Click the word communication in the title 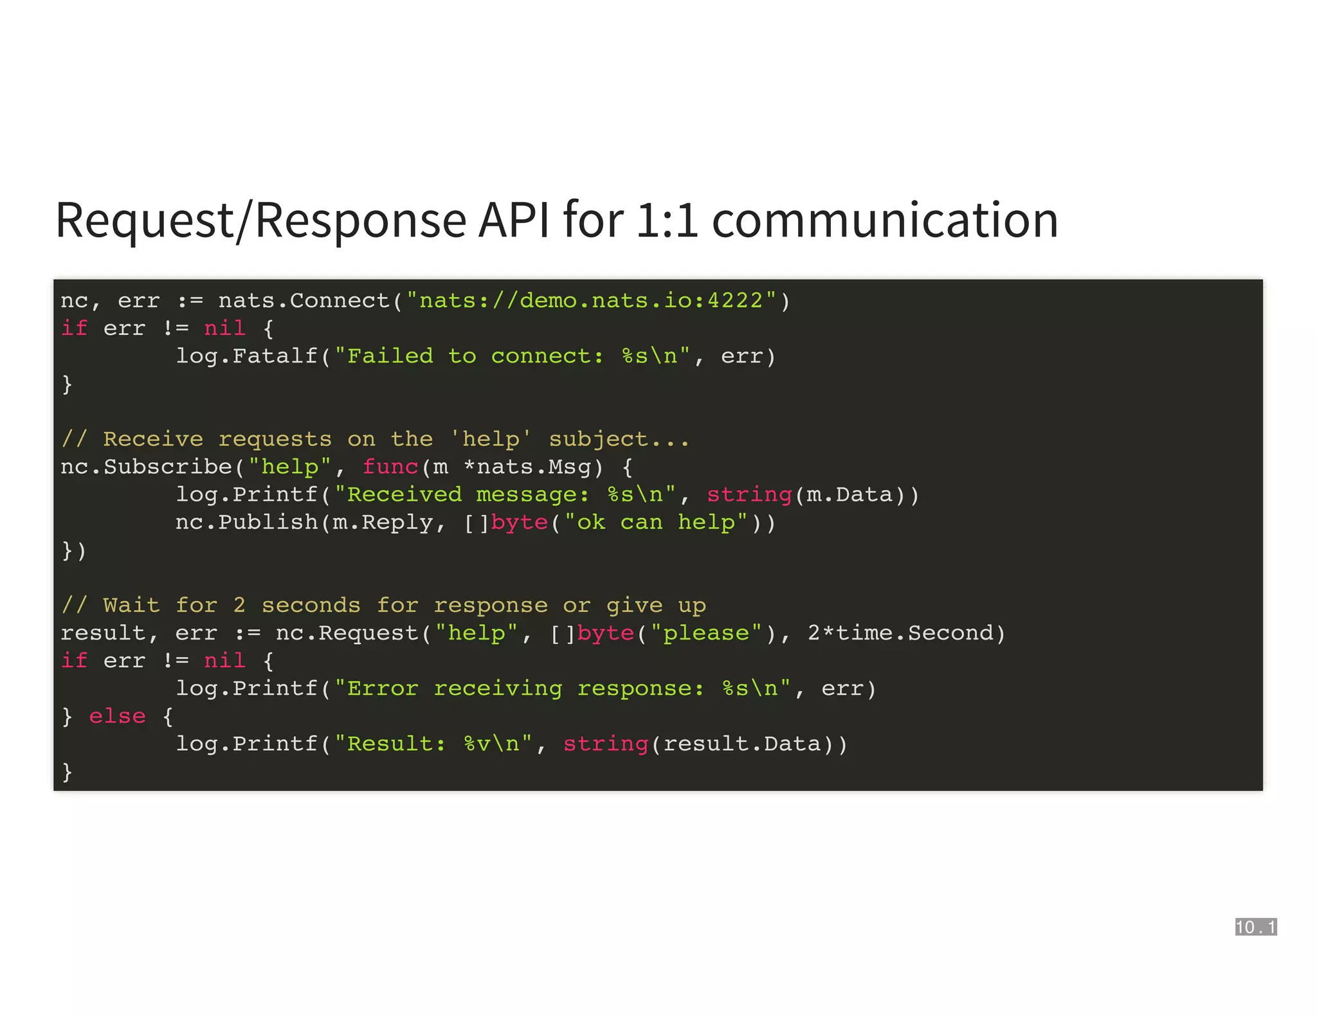[885, 221]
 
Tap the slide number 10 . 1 [1255, 926]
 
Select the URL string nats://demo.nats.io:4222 [591, 301]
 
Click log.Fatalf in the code [247, 356]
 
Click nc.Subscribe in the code [146, 467]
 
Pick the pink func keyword [390, 467]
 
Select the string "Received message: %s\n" [505, 494]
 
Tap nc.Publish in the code [247, 522]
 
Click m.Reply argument [383, 522]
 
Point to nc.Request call [347, 633]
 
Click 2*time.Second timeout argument [900, 633]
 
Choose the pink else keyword [117, 716]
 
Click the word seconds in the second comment [311, 606]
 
